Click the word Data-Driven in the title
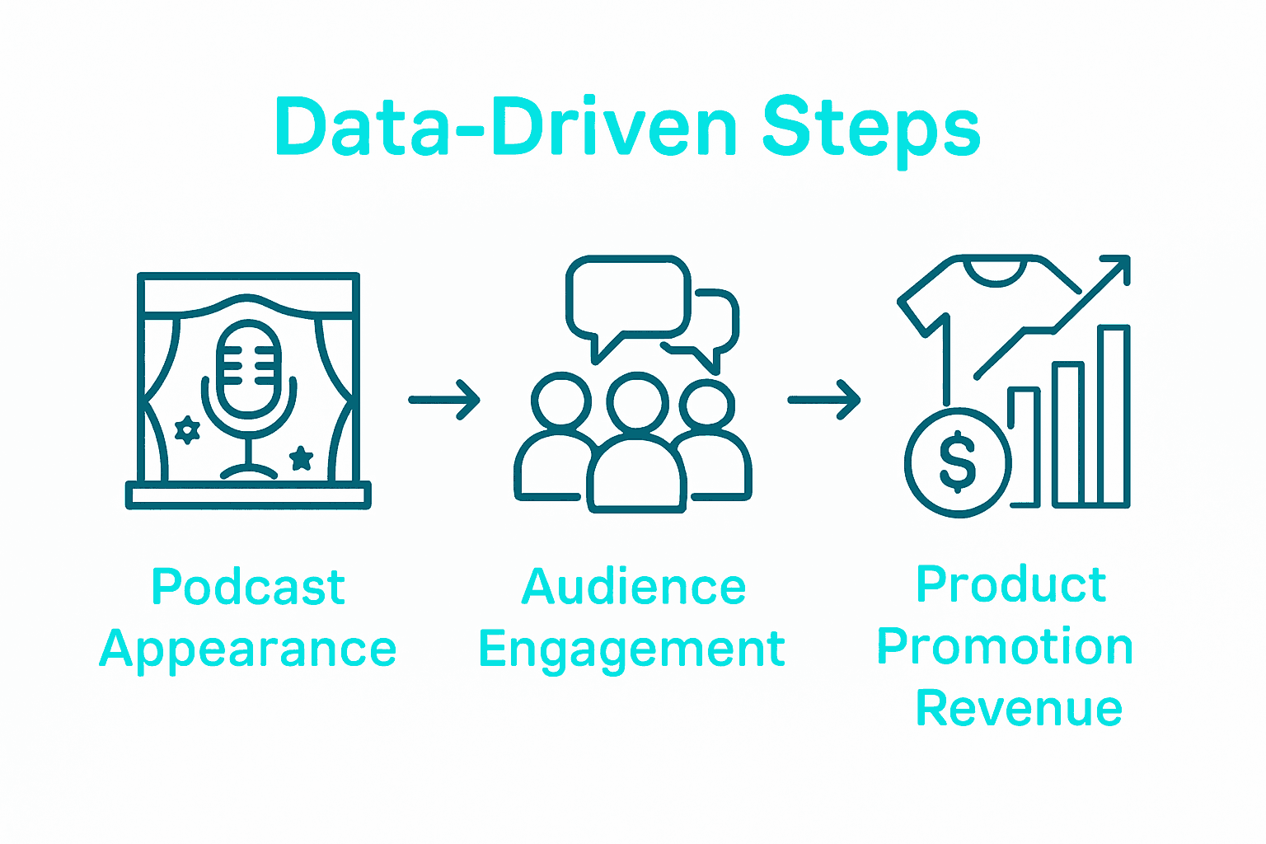(x=506, y=128)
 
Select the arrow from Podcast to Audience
(x=444, y=400)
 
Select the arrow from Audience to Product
(x=824, y=400)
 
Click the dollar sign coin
(x=958, y=462)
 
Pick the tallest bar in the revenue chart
(x=1113, y=415)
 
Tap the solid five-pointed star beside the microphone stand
(x=301, y=457)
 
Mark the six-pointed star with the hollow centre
(x=188, y=429)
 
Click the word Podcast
(x=248, y=587)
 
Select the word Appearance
(x=248, y=649)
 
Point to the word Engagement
(x=631, y=649)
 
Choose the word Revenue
(x=1019, y=708)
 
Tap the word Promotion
(x=1005, y=646)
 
